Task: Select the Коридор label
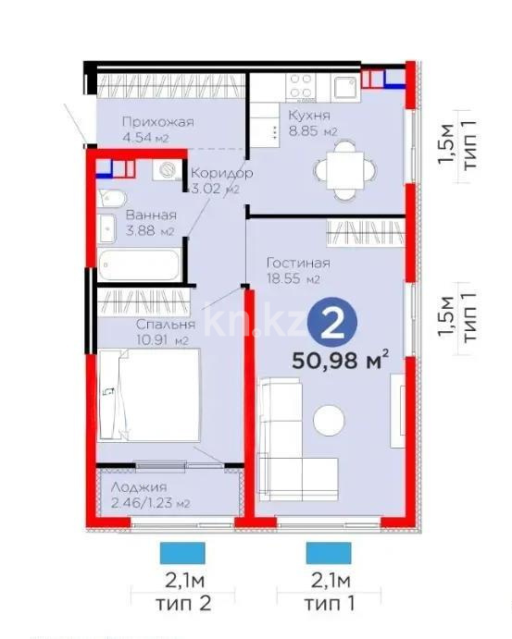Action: tap(221, 173)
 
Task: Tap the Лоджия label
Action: tap(138, 486)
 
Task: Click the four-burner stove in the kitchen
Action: tap(303, 89)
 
